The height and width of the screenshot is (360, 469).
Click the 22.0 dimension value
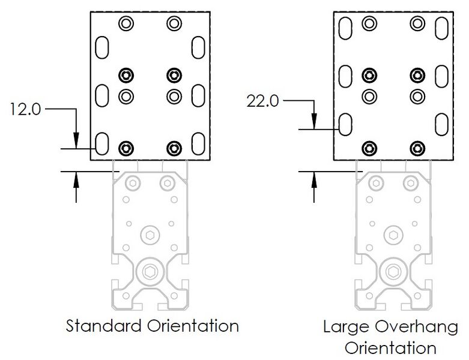tap(262, 101)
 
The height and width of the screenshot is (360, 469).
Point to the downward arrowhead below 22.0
tap(314, 123)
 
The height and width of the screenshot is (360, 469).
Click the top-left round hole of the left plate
tap(126, 24)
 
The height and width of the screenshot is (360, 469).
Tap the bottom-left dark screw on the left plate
tap(126, 148)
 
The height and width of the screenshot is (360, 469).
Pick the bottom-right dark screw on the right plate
tap(417, 148)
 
